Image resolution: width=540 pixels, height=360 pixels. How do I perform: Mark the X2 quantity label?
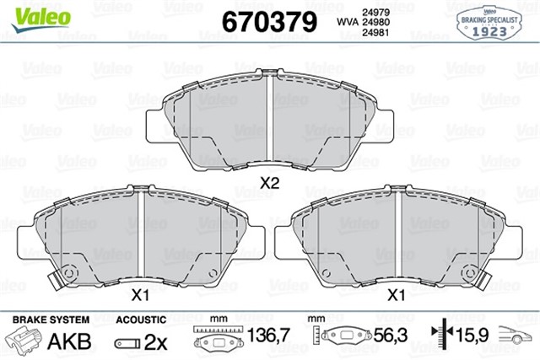point(269,182)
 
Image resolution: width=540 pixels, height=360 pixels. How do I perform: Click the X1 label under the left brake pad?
point(140,295)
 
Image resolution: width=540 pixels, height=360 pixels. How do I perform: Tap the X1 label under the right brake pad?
point(395,295)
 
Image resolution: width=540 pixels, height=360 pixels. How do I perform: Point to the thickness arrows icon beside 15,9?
point(440,340)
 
